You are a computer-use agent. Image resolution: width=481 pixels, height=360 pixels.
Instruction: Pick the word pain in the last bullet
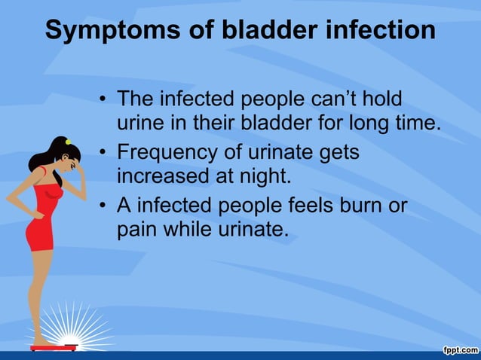click(140, 230)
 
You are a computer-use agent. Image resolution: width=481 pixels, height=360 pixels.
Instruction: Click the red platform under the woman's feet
click(54, 347)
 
